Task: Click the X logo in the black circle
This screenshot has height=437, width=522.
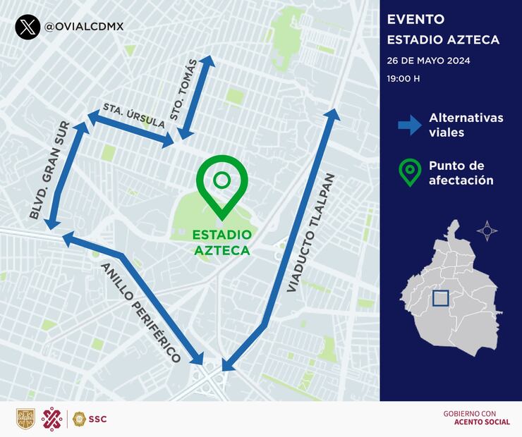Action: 27,27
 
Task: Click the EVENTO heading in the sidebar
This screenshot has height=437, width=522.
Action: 415,19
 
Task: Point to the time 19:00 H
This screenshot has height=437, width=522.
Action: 403,78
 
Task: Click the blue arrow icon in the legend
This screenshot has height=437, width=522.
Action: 409,125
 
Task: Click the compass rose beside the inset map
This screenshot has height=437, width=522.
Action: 487,230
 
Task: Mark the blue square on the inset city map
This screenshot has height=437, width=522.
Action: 440,298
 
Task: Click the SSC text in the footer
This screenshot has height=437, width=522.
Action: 98,419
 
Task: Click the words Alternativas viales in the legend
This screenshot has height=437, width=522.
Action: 466,125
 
